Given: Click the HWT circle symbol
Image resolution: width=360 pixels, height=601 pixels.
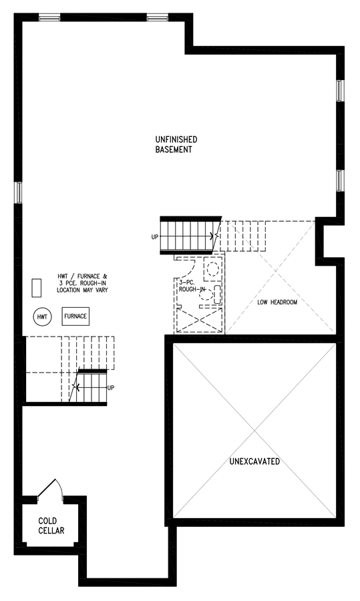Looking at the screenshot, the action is (x=42, y=317).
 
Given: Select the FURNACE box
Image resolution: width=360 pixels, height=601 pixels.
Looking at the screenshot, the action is (x=75, y=317).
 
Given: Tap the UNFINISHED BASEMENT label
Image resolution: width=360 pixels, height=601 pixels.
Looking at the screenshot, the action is (x=176, y=144).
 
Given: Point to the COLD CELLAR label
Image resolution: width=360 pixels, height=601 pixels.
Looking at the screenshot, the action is (x=51, y=526).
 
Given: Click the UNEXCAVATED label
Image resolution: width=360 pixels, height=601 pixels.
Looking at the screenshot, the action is (x=254, y=461).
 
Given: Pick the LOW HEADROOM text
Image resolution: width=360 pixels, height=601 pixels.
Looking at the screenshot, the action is (x=277, y=302).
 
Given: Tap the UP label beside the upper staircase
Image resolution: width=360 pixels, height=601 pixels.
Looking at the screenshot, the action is (x=154, y=237).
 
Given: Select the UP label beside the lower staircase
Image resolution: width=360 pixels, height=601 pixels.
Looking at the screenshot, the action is (x=111, y=388).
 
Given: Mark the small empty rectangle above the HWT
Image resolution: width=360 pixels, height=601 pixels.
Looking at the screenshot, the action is (x=37, y=288).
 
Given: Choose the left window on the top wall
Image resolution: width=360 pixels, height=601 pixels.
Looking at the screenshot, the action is (x=49, y=17).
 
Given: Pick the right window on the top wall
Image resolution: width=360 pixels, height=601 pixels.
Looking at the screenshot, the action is (x=157, y=17).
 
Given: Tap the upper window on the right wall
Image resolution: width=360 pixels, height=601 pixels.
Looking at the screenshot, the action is (x=340, y=90).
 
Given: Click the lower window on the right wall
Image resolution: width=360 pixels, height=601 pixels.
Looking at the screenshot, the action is (x=340, y=180).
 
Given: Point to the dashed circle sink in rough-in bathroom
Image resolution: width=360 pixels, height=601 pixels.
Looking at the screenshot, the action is (x=213, y=268).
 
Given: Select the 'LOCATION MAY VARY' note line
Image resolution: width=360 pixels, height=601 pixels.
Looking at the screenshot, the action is (x=82, y=290).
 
